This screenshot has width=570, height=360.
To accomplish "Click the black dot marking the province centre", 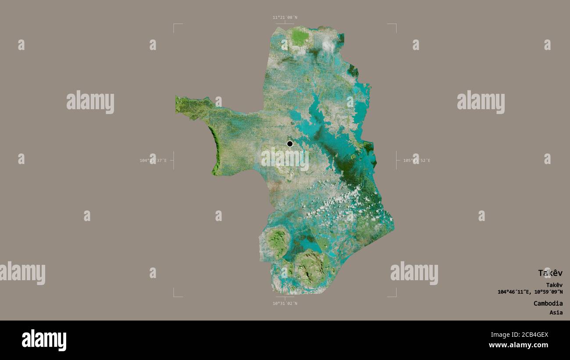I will (x=289, y=144).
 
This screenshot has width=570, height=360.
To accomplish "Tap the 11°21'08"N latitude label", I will (x=285, y=18).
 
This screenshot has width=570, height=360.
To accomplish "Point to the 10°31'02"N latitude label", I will (x=285, y=303).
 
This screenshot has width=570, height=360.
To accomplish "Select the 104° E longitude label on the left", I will (x=153, y=160).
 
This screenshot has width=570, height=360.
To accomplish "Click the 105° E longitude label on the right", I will (x=417, y=160).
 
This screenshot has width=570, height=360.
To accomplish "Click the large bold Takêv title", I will (x=550, y=273).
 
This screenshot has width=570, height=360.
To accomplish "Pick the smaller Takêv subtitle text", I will (x=554, y=285).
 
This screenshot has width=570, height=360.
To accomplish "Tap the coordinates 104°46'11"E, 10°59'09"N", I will (x=530, y=292).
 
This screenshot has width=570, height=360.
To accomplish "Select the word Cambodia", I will (x=548, y=303).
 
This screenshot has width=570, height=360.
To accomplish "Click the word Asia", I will (x=556, y=313).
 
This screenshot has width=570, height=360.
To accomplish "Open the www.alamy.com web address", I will (x=519, y=345).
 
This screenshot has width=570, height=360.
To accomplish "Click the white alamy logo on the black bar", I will (x=44, y=340).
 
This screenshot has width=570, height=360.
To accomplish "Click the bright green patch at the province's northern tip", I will (x=299, y=37).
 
